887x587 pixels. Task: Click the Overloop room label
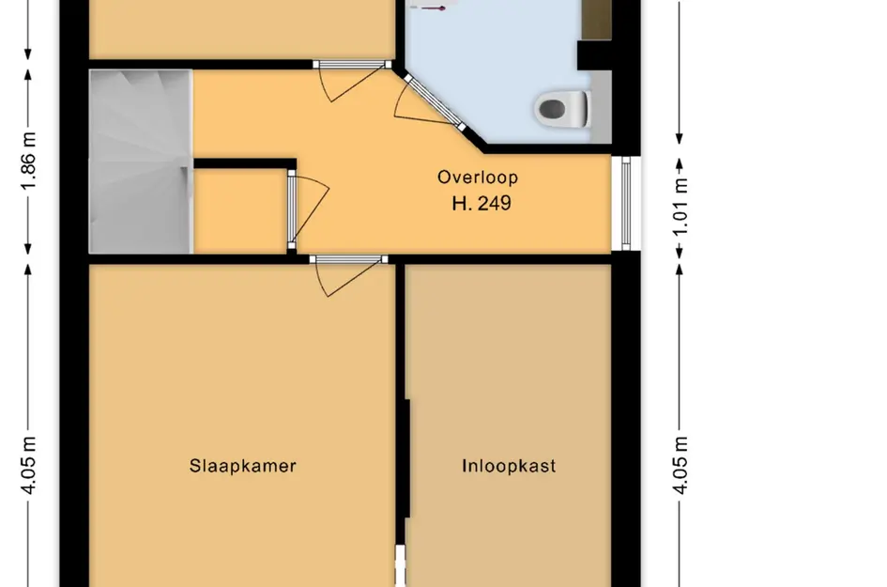coord(478,178)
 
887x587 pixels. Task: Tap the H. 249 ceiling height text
coord(482,203)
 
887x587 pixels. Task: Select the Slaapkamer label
coord(243,466)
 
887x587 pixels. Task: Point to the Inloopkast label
coord(509,466)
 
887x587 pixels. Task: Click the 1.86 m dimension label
coord(28,162)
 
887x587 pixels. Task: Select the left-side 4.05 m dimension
coord(28,465)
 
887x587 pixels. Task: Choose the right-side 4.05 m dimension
coord(680,465)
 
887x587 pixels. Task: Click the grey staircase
coord(141,162)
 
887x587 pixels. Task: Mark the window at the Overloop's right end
coord(626,203)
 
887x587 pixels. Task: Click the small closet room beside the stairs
coord(240,210)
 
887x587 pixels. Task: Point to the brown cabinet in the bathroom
coord(596,20)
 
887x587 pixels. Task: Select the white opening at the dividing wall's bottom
coord(401,565)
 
